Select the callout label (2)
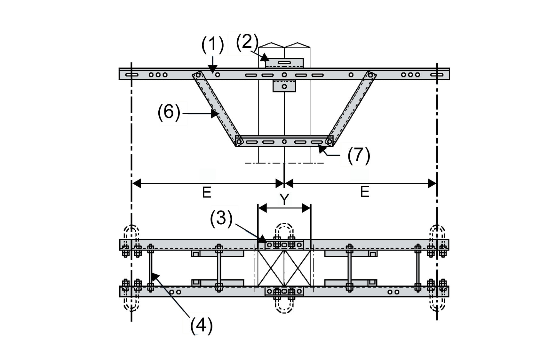(x=247, y=42)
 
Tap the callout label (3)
(x=221, y=219)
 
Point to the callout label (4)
(x=201, y=325)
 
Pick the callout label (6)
(x=169, y=113)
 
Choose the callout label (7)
(x=359, y=155)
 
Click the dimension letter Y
(x=284, y=199)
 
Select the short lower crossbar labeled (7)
(x=284, y=141)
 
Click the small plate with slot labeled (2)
(x=284, y=63)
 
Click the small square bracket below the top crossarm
(x=284, y=86)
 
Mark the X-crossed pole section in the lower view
(x=284, y=268)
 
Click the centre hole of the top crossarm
(x=284, y=75)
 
